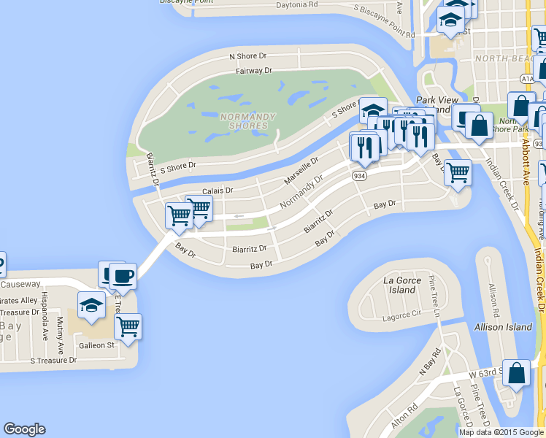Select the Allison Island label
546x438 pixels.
(x=503, y=327)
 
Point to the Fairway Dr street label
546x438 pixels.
(x=254, y=71)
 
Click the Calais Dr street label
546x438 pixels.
(x=217, y=190)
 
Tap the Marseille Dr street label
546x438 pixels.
(x=301, y=170)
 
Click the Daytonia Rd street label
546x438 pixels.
(x=297, y=4)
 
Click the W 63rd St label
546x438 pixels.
(x=483, y=374)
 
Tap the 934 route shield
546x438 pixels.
(x=361, y=175)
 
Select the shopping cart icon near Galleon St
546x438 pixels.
(x=128, y=326)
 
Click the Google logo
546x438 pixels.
(x=24, y=429)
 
